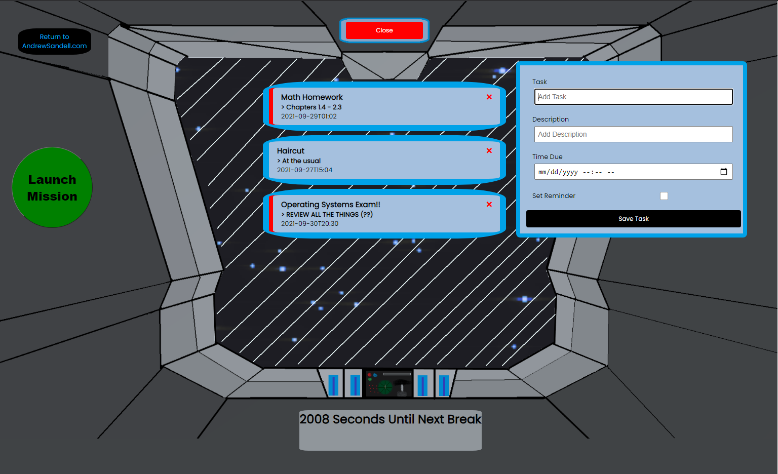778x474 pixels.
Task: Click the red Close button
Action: (x=384, y=30)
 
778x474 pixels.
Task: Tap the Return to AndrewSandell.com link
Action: (x=55, y=42)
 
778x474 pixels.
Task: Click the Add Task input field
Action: (x=633, y=97)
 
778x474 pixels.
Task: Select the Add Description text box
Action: (x=633, y=134)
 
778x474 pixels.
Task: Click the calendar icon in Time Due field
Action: (x=723, y=172)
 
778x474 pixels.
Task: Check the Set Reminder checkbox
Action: (x=664, y=196)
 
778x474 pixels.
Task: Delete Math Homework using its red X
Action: (x=489, y=97)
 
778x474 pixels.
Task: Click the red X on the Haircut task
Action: (x=489, y=150)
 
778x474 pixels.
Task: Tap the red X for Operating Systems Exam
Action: (x=489, y=204)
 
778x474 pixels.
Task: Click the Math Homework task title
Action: (x=312, y=97)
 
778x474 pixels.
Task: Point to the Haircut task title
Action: (x=291, y=151)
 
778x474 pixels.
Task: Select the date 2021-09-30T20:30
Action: (x=309, y=224)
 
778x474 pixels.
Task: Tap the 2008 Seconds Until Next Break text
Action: (x=390, y=419)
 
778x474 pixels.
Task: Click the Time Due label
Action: (x=547, y=157)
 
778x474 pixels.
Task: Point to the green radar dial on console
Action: (x=385, y=387)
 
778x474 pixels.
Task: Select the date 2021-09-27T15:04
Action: (x=304, y=170)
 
